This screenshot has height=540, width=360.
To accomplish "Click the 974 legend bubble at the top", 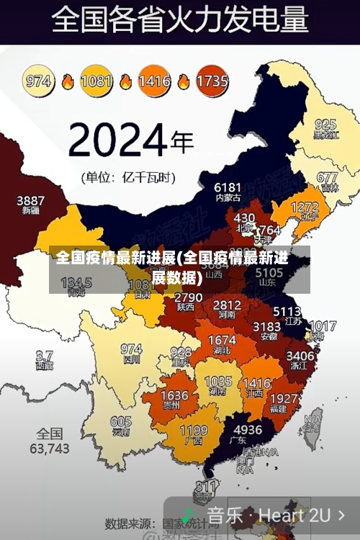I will click(39, 81).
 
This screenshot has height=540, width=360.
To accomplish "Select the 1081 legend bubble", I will click(96, 81).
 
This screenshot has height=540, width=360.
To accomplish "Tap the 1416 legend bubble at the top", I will click(154, 81).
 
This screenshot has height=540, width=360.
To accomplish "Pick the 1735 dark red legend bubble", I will click(212, 81).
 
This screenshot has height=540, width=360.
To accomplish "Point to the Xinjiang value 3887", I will click(30, 201).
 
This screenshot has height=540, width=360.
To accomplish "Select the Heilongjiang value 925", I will click(325, 125).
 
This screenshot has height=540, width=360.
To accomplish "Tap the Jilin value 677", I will click(327, 177).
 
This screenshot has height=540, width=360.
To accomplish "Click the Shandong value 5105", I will click(269, 273).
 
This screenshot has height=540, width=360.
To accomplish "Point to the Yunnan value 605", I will click(121, 422).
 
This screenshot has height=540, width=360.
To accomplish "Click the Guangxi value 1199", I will click(193, 431).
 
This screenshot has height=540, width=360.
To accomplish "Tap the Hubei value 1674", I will click(222, 340).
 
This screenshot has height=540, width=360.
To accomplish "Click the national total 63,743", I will click(49, 441).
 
